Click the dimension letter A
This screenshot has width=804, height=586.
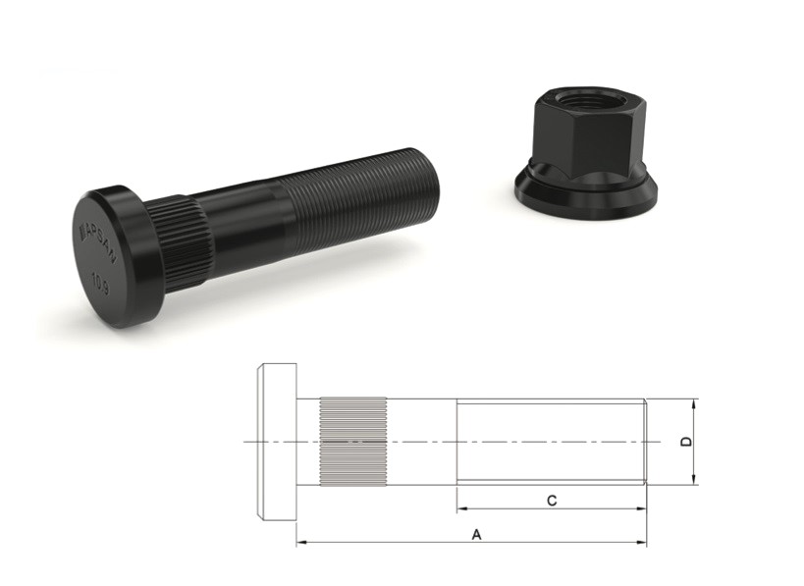coord(477,534)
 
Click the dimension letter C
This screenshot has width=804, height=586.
coord(552,501)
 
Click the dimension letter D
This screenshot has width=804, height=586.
coord(687,442)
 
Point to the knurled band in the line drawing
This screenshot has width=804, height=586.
coord(352,442)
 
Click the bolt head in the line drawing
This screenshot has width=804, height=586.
coord(276,442)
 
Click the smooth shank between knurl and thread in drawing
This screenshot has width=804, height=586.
coord(422,442)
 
